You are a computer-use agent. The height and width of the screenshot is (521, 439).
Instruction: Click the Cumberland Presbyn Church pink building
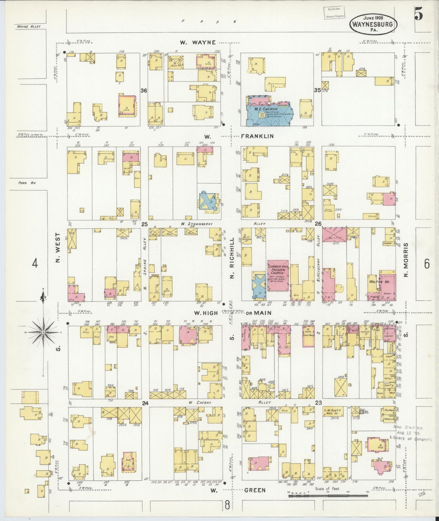pos(278,276)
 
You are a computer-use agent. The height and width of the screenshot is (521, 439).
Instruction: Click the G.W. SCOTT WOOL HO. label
pos(334,412)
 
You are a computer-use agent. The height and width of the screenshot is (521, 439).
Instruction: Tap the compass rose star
pos(43,333)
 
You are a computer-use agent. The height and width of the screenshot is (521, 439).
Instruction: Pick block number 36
pos(144,90)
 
